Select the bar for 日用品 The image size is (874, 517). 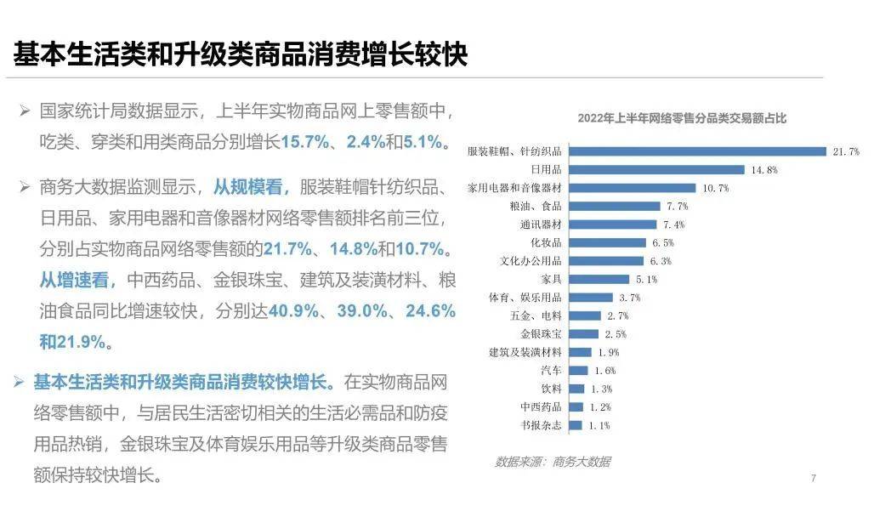pos(656,169)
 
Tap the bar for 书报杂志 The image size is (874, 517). pos(576,425)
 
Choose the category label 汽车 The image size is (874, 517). pos(551,371)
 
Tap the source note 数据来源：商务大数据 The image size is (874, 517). pos(553,462)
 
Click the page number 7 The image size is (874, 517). pos(813,479)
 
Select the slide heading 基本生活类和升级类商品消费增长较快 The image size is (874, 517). pos(241,53)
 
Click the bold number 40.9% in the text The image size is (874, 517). pos(295,311)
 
